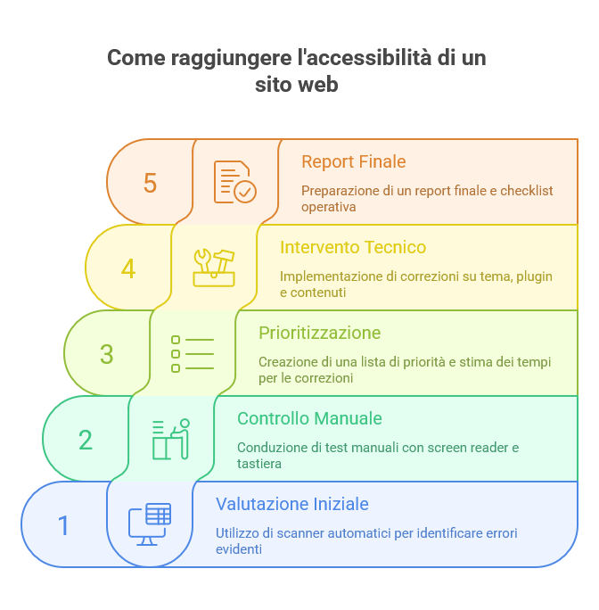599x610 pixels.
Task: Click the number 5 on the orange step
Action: click(150, 183)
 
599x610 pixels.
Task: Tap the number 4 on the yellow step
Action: click(128, 268)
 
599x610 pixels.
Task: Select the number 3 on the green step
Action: click(107, 354)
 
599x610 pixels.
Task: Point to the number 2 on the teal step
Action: click(86, 440)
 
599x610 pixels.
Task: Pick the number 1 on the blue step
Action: click(63, 525)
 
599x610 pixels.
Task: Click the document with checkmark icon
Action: click(234, 182)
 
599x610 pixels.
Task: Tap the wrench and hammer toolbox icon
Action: click(214, 268)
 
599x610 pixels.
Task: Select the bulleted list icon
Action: click(193, 353)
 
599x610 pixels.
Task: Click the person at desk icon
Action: click(171, 439)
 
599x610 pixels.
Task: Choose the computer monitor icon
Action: click(150, 524)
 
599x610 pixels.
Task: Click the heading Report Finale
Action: click(353, 161)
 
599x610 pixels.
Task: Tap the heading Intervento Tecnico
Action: click(352, 247)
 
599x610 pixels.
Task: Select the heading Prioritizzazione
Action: click(319, 333)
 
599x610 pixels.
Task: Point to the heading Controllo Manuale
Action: click(309, 418)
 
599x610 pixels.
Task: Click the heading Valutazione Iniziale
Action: click(291, 504)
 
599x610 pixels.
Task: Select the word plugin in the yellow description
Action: click(535, 276)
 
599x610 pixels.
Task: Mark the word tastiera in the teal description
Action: click(258, 464)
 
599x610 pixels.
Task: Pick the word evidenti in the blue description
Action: click(238, 549)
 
